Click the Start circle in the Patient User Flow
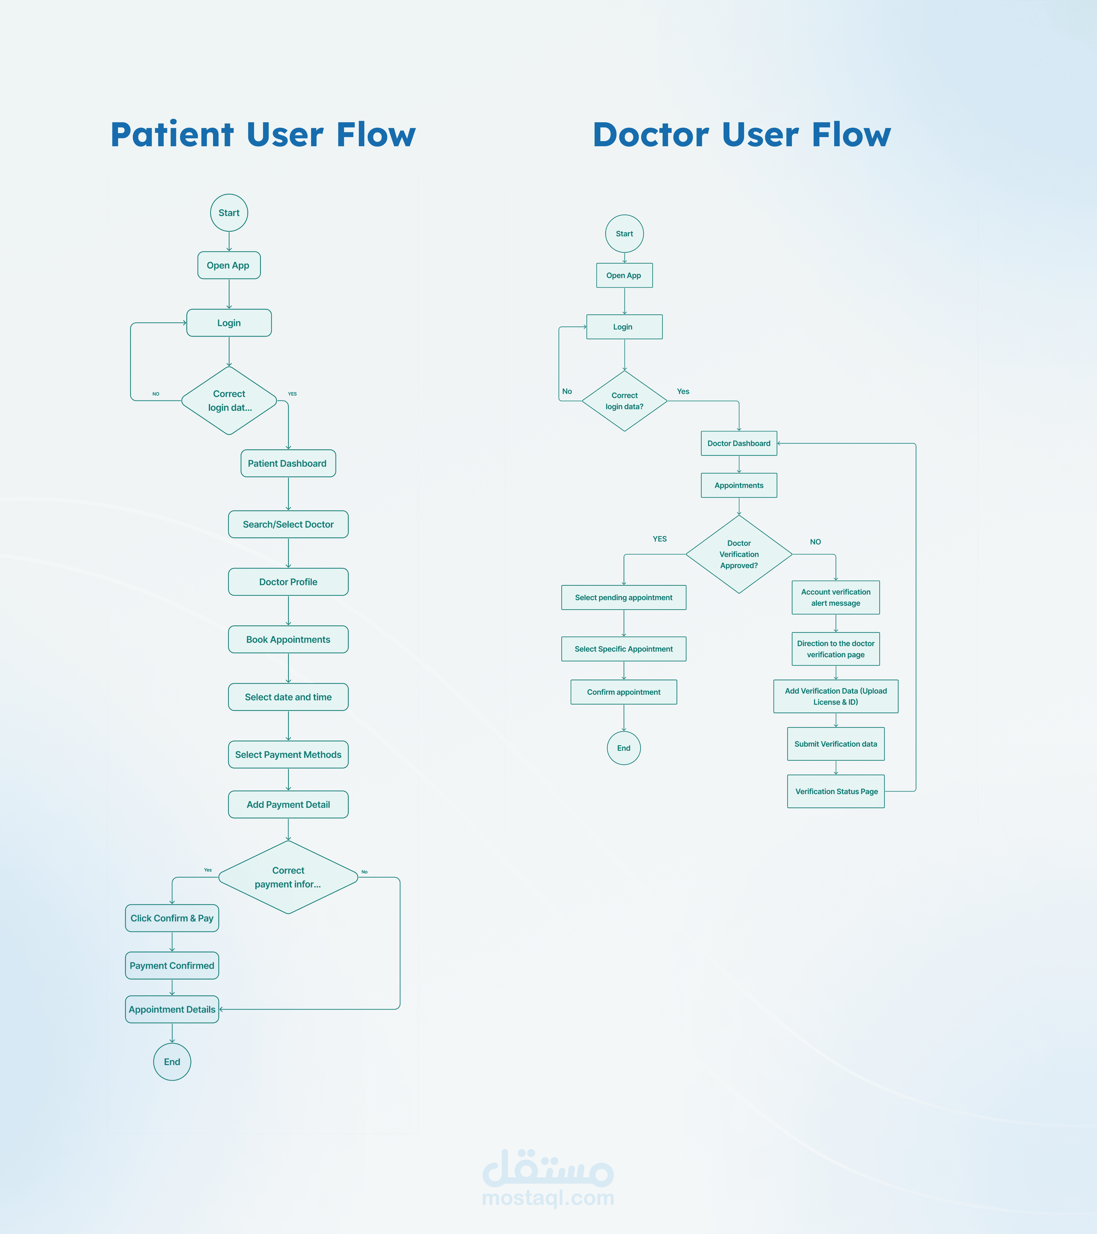(x=229, y=213)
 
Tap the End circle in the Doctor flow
(x=624, y=748)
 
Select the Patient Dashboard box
(x=288, y=463)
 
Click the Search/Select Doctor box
(x=288, y=524)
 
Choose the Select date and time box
(x=288, y=697)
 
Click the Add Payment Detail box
(x=288, y=804)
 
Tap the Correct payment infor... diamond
(x=288, y=877)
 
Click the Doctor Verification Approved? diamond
(x=739, y=554)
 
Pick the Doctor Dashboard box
(x=739, y=443)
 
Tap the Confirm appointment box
(x=624, y=692)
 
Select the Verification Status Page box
(x=836, y=792)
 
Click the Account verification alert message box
(x=836, y=598)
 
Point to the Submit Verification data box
(x=836, y=744)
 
